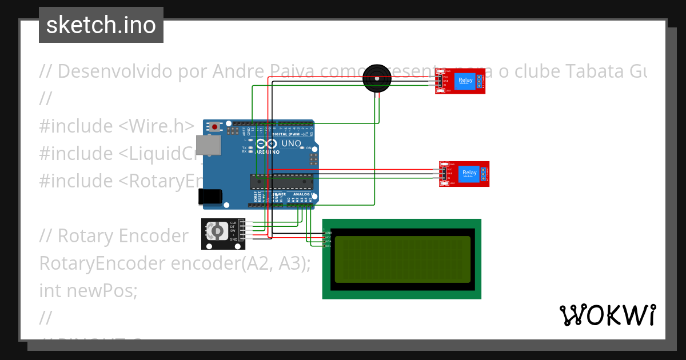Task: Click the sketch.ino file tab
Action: [x=101, y=25]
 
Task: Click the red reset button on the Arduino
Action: [x=214, y=126]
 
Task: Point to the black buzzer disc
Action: [x=377, y=79]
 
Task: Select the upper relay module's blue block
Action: [x=465, y=81]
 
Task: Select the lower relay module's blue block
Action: [x=469, y=173]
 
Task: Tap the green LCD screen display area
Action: [x=402, y=259]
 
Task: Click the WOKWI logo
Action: [x=607, y=315]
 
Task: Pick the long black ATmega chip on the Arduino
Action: [x=282, y=181]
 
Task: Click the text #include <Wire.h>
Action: [x=117, y=126]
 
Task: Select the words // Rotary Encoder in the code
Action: [x=114, y=235]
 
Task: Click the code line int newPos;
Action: [x=89, y=290]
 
